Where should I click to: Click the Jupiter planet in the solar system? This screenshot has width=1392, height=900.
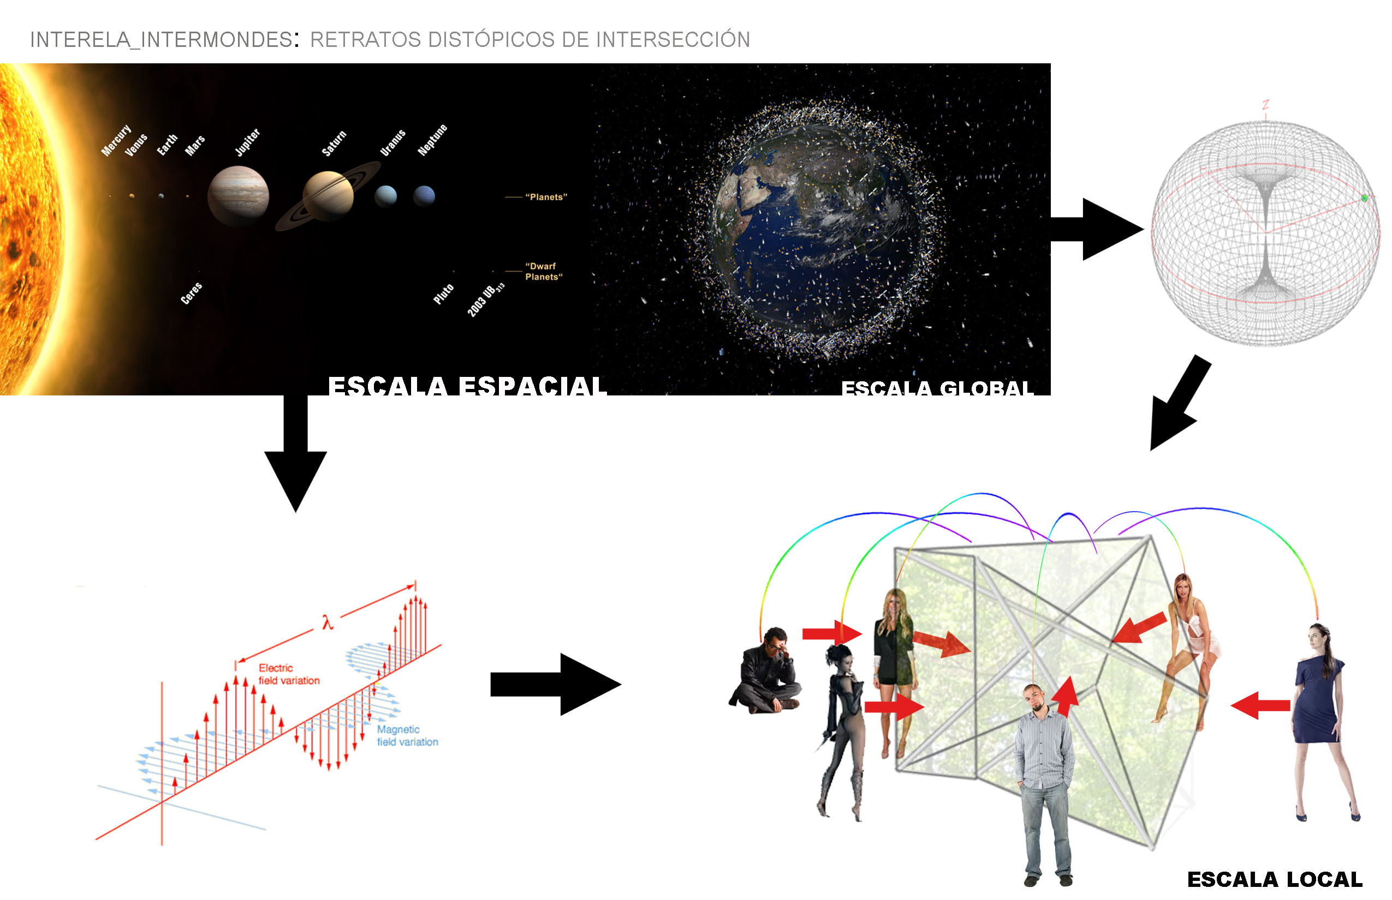(x=238, y=195)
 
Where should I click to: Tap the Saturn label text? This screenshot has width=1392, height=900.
(x=334, y=143)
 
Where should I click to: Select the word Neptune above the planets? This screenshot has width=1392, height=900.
(x=432, y=140)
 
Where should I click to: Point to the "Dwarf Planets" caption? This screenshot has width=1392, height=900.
(x=543, y=271)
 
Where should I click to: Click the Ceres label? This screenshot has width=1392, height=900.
(x=191, y=293)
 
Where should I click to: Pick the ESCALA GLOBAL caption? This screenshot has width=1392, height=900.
(x=937, y=388)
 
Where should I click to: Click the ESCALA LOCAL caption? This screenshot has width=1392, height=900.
(x=1275, y=879)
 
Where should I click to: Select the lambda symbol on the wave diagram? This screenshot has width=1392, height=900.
(x=327, y=622)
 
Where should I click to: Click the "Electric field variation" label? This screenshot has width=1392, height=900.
(x=289, y=674)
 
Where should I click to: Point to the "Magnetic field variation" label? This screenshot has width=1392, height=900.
(x=407, y=735)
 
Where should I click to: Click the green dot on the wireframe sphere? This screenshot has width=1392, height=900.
(x=1365, y=198)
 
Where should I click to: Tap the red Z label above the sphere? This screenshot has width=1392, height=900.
(x=1265, y=105)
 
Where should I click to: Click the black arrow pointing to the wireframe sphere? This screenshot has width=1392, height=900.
(x=1099, y=229)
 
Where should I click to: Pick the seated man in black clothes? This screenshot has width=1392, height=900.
(x=766, y=672)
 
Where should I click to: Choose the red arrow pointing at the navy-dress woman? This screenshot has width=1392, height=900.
(x=1260, y=705)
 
